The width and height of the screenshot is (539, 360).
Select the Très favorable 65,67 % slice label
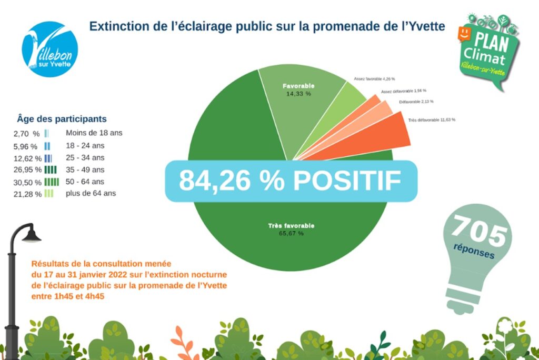pyautogui.click(x=291, y=229)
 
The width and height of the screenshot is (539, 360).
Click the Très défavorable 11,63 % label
pyautogui.click(x=432, y=120)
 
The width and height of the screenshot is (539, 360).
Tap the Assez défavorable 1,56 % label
pyautogui.click(x=404, y=91)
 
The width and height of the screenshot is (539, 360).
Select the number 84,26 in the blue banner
pyautogui.click(x=223, y=181)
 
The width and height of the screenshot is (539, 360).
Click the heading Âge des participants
pyautogui.click(x=62, y=119)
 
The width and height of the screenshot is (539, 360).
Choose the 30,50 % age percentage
pyautogui.click(x=27, y=182)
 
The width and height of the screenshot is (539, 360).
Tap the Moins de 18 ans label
pyautogui.click(x=94, y=133)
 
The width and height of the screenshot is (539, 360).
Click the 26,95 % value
pyautogui.click(x=27, y=169)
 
